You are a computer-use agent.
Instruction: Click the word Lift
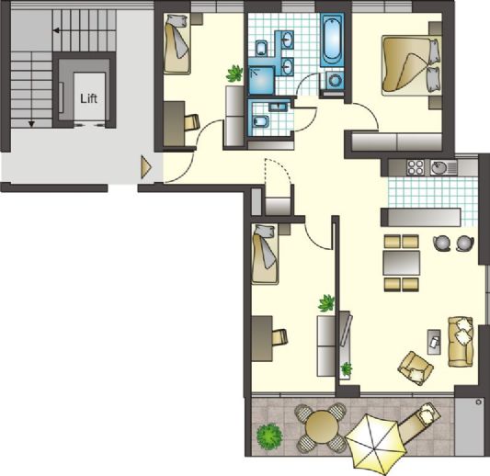click(x=89, y=98)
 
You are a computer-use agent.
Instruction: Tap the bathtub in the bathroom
click(x=332, y=40)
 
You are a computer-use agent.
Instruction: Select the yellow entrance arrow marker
click(x=146, y=168)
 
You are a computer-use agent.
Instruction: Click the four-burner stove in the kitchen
click(x=415, y=168)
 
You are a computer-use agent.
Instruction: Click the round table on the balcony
click(x=322, y=427)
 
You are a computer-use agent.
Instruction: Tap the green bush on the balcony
click(x=269, y=436)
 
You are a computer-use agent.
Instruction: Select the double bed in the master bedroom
click(x=411, y=65)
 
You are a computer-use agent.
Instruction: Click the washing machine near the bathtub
click(x=334, y=81)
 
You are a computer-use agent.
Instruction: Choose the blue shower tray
click(x=262, y=80)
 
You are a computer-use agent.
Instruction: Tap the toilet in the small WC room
click(x=261, y=121)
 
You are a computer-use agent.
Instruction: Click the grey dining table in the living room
click(x=402, y=263)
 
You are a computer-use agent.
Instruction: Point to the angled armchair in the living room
click(x=416, y=368)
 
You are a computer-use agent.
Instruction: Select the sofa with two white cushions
click(x=461, y=342)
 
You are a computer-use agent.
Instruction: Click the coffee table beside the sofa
click(x=434, y=342)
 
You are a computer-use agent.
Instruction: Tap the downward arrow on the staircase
click(x=31, y=124)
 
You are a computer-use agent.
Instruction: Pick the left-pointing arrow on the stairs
click(x=57, y=30)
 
